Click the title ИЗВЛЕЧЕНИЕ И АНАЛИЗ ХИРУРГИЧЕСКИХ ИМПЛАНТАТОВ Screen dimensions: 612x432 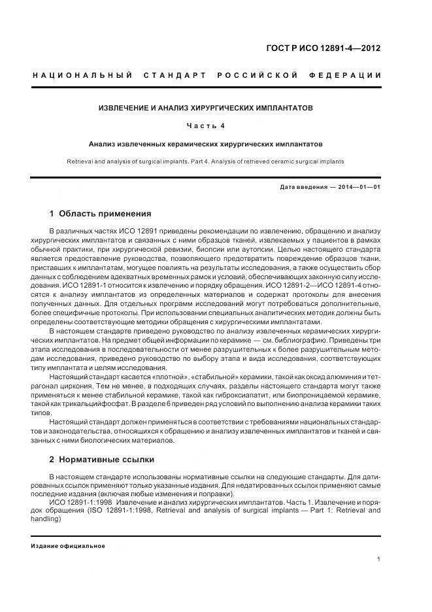(206, 107)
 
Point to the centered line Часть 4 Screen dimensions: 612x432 (206, 125)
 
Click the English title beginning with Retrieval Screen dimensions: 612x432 (206, 161)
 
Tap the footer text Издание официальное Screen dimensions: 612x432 (68, 546)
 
